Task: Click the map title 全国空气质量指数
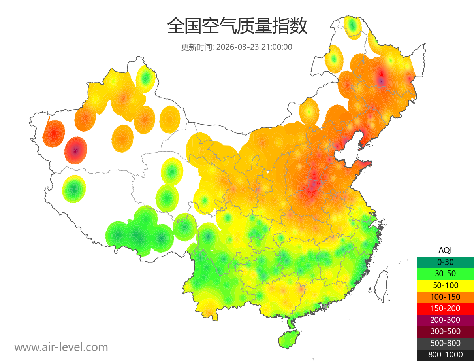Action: tap(237, 26)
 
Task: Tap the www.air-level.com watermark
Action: tap(61, 347)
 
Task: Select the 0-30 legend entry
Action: tap(445, 262)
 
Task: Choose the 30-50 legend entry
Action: tap(445, 273)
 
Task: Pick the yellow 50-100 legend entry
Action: tap(445, 285)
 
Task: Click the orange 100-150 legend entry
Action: tap(445, 297)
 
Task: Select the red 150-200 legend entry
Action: tap(445, 308)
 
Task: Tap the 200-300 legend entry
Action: tap(445, 320)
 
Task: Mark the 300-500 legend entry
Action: tap(445, 331)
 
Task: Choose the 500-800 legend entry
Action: tap(445, 343)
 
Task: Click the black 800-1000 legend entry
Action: tap(445, 355)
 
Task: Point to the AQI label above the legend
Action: tap(445, 250)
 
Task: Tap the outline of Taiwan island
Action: tap(381, 287)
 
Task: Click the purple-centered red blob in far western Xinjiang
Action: tap(75, 150)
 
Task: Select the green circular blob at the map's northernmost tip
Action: tap(352, 26)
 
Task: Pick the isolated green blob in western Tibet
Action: tap(74, 189)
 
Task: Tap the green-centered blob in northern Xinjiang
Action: tap(145, 78)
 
